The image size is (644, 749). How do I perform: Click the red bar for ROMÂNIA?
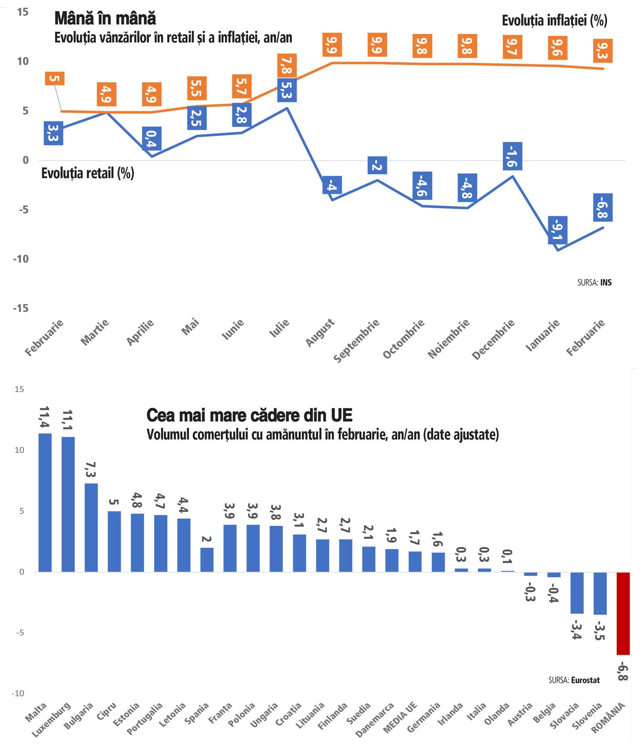click(623, 613)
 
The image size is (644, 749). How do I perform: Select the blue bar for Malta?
click(45, 502)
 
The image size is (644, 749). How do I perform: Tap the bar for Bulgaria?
click(91, 527)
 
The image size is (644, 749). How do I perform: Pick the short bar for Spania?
click(207, 559)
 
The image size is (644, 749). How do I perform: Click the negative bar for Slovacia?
click(577, 592)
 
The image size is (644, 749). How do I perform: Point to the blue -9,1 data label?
click(557, 230)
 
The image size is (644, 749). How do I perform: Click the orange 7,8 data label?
click(286, 66)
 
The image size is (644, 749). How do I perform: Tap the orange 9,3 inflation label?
click(602, 51)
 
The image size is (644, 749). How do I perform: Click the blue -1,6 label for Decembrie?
click(512, 156)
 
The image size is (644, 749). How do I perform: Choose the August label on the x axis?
click(320, 332)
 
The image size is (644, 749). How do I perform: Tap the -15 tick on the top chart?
click(20, 308)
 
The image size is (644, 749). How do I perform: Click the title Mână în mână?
click(105, 18)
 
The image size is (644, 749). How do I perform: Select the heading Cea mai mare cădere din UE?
click(249, 415)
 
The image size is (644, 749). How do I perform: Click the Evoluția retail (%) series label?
click(88, 173)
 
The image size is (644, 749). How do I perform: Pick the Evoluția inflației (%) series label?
click(554, 20)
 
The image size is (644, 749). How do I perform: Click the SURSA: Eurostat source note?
click(574, 680)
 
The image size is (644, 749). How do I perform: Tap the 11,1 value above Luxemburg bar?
click(68, 420)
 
